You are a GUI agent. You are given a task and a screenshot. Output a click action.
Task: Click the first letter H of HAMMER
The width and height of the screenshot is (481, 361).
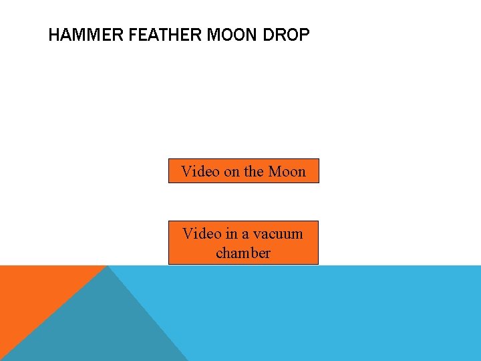tap(54, 35)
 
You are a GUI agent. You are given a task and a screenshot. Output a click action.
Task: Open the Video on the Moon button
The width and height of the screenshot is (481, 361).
tap(243, 171)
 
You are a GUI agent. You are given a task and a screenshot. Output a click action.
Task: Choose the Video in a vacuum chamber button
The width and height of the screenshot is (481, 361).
tap(243, 243)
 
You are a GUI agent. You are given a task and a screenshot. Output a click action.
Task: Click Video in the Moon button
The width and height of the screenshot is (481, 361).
tap(200, 172)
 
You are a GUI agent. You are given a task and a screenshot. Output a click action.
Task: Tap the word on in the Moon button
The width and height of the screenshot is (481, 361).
tap(232, 172)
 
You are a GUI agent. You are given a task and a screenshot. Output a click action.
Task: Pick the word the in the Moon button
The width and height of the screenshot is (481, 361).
tap(254, 172)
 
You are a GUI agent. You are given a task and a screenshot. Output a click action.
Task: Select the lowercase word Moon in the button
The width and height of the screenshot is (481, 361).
tap(287, 172)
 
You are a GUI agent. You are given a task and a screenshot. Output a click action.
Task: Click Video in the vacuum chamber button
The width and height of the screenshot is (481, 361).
tap(202, 234)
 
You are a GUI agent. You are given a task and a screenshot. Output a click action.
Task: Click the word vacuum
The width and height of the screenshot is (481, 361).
tap(278, 235)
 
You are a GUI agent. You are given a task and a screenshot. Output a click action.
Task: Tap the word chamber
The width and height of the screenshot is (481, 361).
tap(243, 253)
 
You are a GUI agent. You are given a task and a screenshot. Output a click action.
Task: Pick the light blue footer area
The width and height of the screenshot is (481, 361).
tap(334, 314)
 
